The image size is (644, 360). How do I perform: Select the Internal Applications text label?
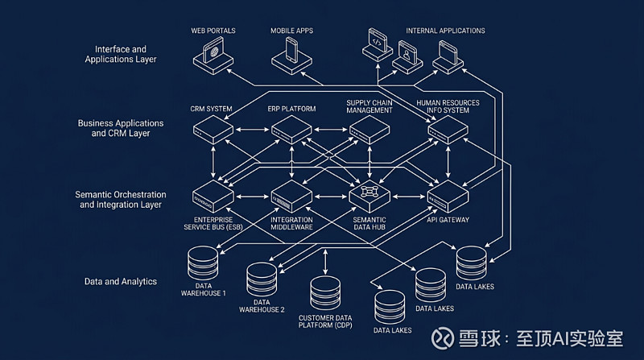(x=445, y=31)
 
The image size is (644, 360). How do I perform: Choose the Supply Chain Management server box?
(x=369, y=129)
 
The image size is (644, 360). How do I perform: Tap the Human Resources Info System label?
(x=448, y=107)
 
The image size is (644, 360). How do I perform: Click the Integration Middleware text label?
(x=291, y=224)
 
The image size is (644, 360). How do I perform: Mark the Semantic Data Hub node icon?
(x=369, y=195)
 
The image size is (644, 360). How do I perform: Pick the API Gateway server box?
(x=448, y=196)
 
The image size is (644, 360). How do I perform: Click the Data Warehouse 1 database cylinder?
(x=204, y=263)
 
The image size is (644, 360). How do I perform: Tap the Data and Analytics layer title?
(x=120, y=281)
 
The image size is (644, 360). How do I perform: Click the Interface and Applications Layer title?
(x=120, y=54)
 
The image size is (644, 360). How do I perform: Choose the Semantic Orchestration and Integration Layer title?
(x=120, y=200)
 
